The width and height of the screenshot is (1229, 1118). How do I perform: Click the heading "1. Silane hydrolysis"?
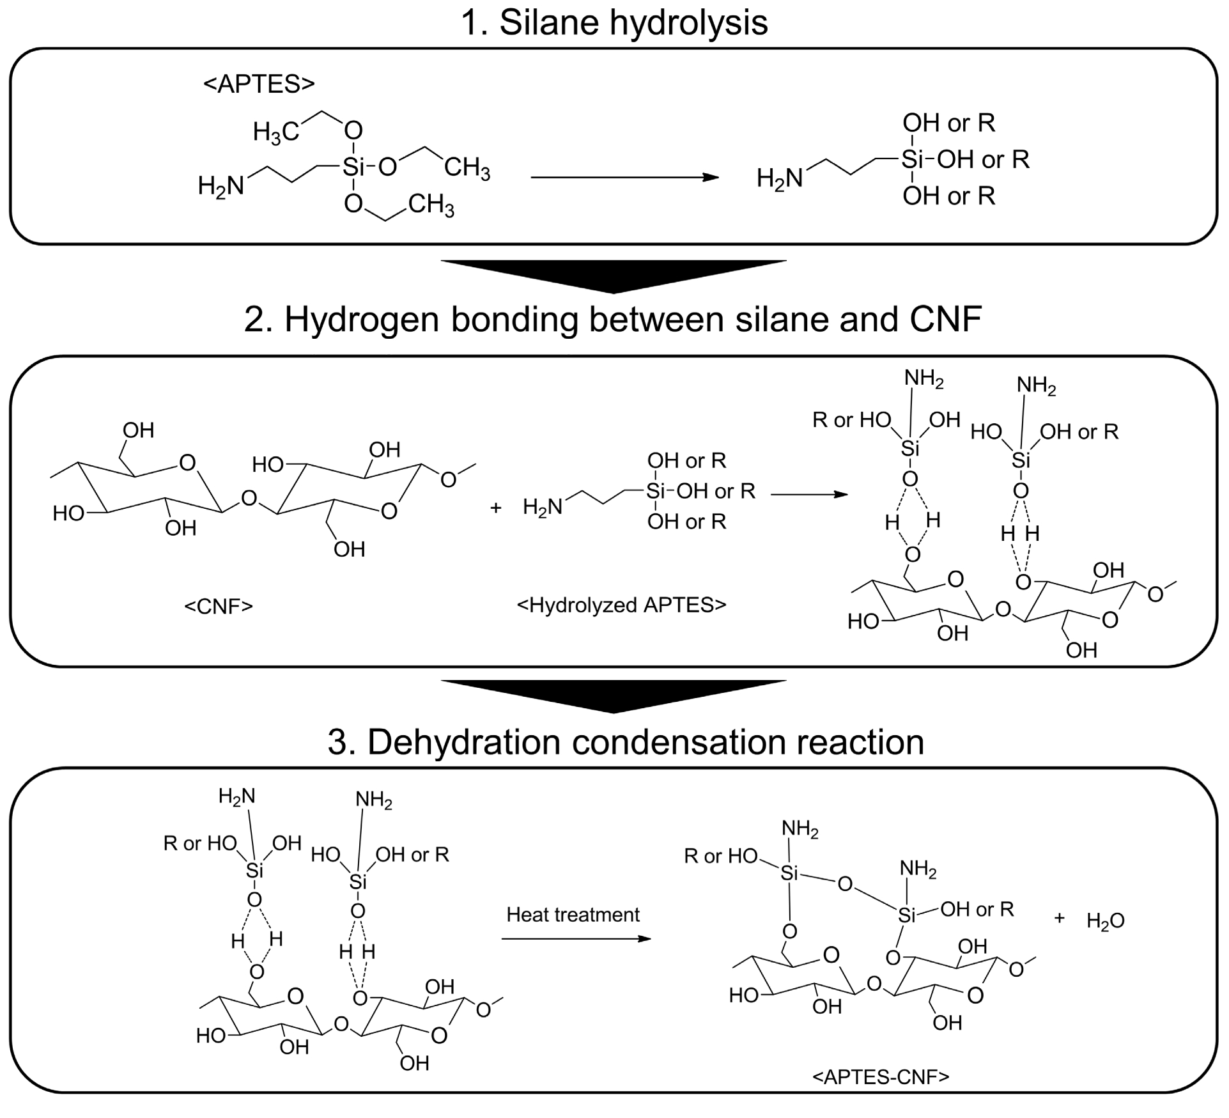click(x=614, y=23)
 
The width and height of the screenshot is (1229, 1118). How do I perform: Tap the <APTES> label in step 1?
click(x=259, y=84)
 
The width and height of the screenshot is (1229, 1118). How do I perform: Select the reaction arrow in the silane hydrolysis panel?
click(x=624, y=177)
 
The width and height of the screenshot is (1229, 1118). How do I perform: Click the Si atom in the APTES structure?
click(x=353, y=167)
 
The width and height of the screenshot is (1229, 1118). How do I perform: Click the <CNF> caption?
click(x=219, y=605)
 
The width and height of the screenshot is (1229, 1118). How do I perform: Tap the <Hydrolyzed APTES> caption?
click(x=621, y=605)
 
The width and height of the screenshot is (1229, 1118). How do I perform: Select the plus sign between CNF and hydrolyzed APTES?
click(x=495, y=508)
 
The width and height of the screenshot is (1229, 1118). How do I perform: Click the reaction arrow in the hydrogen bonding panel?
click(x=809, y=494)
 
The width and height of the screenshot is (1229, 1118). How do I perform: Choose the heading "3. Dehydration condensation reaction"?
click(x=625, y=741)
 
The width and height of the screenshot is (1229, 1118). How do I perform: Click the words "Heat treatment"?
click(x=573, y=915)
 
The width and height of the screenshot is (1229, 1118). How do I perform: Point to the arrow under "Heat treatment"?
click(x=576, y=938)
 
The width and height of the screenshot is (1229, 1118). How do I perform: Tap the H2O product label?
click(x=1105, y=921)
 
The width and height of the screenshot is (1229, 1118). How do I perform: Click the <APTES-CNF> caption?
click(x=881, y=1077)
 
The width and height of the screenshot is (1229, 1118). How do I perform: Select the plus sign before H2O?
click(x=1060, y=919)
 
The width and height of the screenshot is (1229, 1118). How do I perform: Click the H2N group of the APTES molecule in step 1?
click(x=220, y=186)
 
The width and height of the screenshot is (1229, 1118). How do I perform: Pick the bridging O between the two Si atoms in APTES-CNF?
click(x=845, y=885)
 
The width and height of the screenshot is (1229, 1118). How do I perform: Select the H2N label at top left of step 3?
click(x=236, y=796)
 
